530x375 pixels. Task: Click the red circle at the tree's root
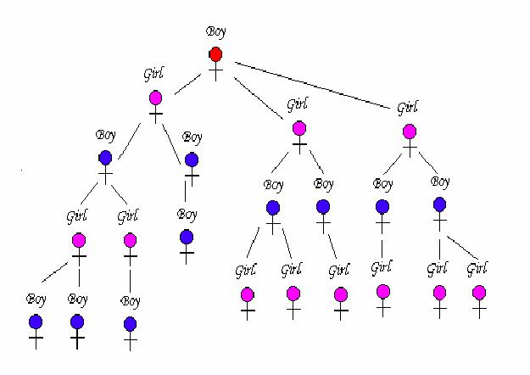pyautogui.click(x=215, y=55)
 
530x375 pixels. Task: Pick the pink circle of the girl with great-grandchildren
pyautogui.click(x=156, y=98)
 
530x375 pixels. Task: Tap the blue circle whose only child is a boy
pyautogui.click(x=192, y=160)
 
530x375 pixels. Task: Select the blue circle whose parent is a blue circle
pyautogui.click(x=187, y=237)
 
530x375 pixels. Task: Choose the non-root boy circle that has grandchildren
pyautogui.click(x=105, y=157)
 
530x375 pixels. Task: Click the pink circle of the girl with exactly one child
pyautogui.click(x=130, y=241)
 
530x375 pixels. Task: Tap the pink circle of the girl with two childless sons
pyautogui.click(x=78, y=241)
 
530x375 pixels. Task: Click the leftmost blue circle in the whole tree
pyautogui.click(x=36, y=322)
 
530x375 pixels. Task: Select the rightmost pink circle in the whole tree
pyautogui.click(x=479, y=293)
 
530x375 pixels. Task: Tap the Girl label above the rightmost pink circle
pyautogui.click(x=477, y=271)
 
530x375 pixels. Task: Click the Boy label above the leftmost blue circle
pyautogui.click(x=36, y=299)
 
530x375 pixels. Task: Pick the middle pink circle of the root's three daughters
pyautogui.click(x=298, y=128)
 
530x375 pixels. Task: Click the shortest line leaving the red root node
pyautogui.click(x=188, y=83)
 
